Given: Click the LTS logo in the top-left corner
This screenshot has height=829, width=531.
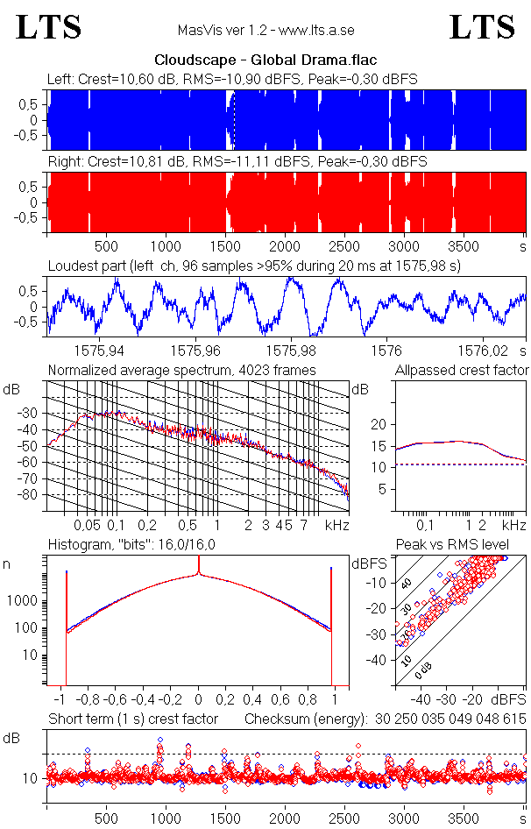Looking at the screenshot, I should point(49,27).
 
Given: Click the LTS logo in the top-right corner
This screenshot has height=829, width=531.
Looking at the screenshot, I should point(482,27).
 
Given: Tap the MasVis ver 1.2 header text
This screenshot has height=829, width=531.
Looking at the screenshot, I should point(265,31).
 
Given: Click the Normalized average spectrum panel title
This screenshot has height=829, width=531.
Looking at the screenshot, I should point(181,370).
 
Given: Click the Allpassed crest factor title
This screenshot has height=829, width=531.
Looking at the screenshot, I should point(462,370).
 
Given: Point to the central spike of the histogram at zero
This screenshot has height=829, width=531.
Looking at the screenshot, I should point(199,574).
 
